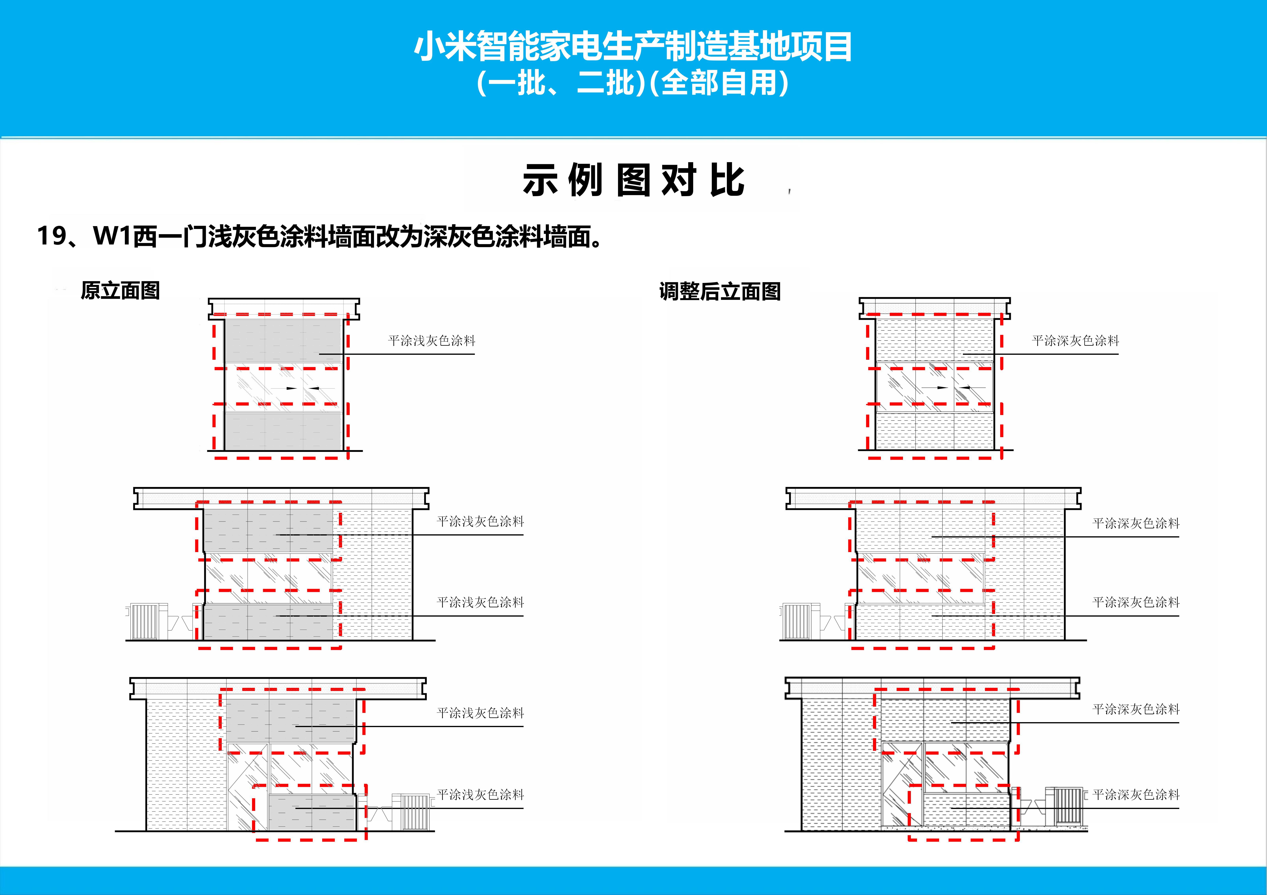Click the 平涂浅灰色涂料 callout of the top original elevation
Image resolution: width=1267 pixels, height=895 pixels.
tap(431, 341)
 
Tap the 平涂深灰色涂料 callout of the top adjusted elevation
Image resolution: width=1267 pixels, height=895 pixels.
tap(1076, 341)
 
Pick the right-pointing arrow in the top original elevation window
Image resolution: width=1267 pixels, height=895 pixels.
tap(291, 388)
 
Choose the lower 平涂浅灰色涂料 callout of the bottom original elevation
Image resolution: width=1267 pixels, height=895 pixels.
tap(480, 795)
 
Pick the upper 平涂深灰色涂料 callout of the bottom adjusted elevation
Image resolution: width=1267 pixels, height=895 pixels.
tap(1136, 709)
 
